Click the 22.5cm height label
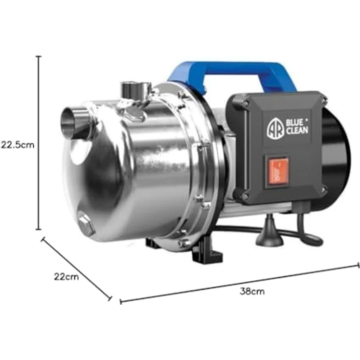click(18, 145)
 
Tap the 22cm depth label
click(67, 277)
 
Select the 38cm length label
click(252, 292)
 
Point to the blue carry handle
click(232, 73)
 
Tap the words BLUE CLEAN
click(297, 126)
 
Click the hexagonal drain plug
click(86, 225)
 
